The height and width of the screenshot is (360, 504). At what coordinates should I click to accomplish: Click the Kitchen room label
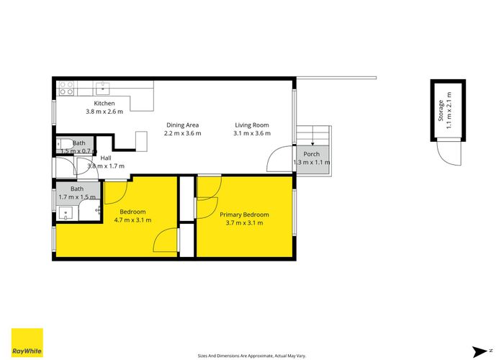[x=104, y=103]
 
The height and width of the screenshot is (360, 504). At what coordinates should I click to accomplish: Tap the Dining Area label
[x=183, y=125]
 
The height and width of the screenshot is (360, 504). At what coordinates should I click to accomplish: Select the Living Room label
[x=252, y=125]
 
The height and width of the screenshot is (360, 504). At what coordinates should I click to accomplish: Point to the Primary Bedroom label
[x=244, y=215]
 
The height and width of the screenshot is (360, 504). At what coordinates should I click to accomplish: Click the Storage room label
[x=441, y=111]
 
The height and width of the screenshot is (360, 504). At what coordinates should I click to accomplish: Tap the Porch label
[x=312, y=154]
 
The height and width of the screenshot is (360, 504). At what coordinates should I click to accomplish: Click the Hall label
[x=106, y=158]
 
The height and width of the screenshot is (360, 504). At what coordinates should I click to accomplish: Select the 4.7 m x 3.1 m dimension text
[x=132, y=220]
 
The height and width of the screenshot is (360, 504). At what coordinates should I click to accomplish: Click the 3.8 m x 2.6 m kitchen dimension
[x=104, y=112]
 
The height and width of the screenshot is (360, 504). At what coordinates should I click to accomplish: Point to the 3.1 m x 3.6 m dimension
[x=252, y=133]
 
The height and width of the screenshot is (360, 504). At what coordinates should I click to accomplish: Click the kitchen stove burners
[x=66, y=88]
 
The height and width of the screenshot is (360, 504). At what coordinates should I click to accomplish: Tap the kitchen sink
[x=102, y=88]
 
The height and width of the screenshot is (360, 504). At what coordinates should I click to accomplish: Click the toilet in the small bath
[x=65, y=145]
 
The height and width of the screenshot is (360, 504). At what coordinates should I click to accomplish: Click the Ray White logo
[x=27, y=343]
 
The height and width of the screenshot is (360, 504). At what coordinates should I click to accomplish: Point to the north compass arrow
[x=480, y=351]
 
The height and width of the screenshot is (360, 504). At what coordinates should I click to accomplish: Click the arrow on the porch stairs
[x=312, y=135]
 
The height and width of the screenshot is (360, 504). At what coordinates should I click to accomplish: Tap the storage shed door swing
[x=449, y=153]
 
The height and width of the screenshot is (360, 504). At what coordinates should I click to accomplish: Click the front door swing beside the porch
[x=279, y=159]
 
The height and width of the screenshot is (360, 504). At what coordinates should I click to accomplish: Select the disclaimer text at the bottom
[x=252, y=356]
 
